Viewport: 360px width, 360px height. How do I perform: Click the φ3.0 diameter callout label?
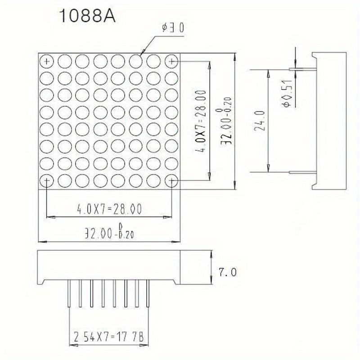(173, 28)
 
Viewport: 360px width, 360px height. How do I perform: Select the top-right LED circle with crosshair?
(171, 60)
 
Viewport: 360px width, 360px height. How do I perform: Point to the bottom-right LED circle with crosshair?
(171, 180)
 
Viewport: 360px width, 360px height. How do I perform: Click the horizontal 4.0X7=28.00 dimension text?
(109, 209)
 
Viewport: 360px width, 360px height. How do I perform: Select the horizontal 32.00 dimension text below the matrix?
(109, 233)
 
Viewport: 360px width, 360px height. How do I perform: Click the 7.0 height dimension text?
(226, 272)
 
